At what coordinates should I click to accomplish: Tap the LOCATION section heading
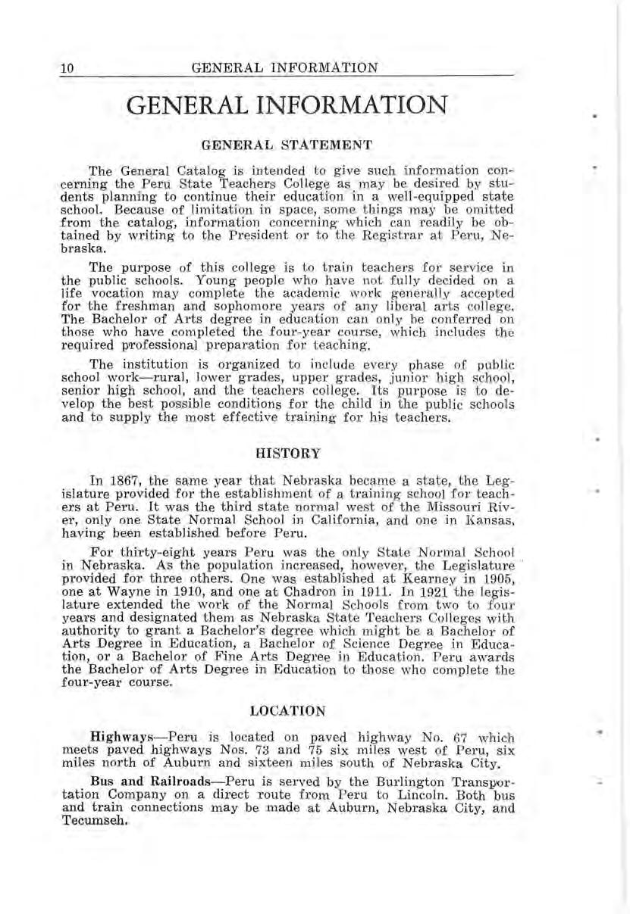(x=287, y=711)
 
